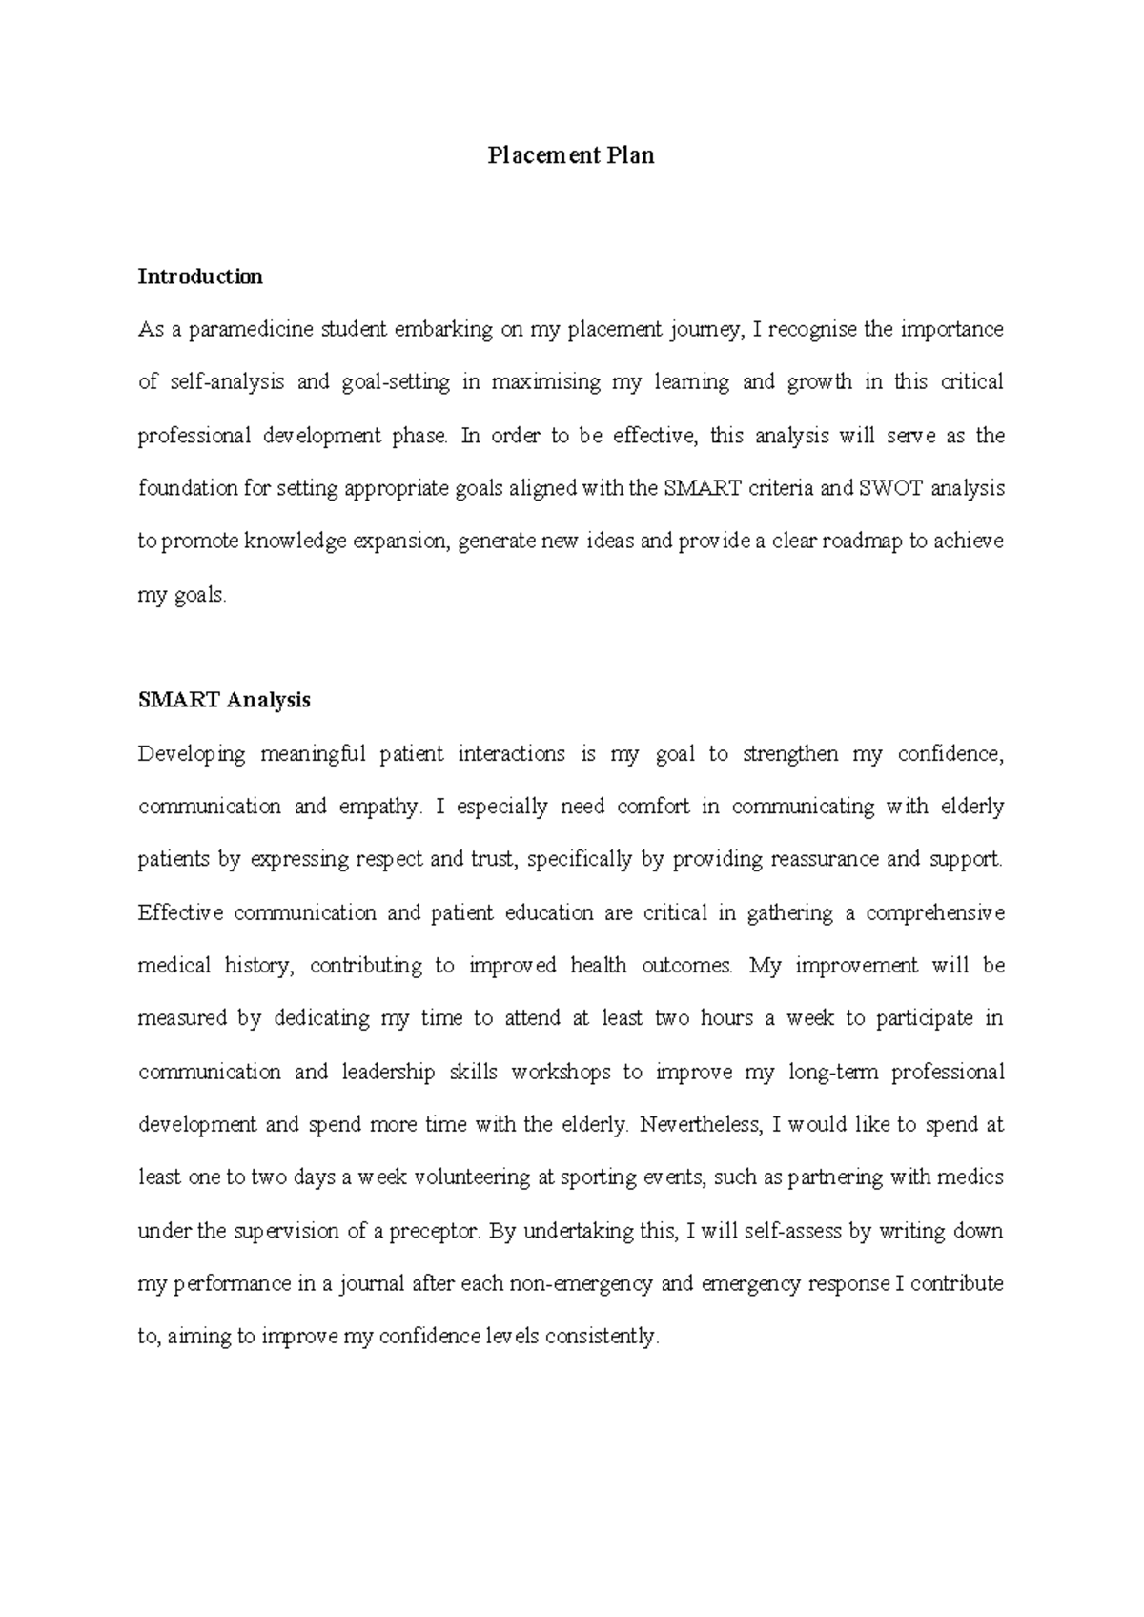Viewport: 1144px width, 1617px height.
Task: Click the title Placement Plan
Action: (x=571, y=155)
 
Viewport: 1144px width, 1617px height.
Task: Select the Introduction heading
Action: (x=200, y=276)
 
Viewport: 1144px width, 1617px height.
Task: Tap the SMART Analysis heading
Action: (x=224, y=700)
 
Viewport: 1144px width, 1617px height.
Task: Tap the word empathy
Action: (x=379, y=807)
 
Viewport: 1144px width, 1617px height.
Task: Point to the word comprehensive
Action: (x=934, y=913)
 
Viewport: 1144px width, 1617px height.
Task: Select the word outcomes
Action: (x=687, y=966)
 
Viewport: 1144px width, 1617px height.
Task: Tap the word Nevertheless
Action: (x=701, y=1125)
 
